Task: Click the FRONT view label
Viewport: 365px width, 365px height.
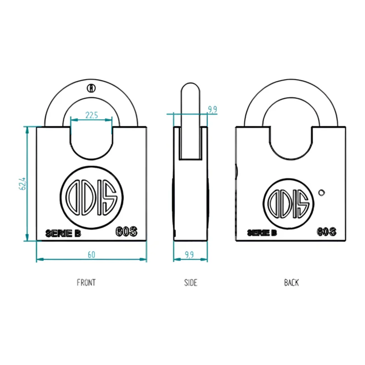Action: click(86, 282)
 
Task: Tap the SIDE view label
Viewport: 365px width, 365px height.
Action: click(190, 282)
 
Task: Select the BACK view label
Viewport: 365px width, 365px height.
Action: click(291, 282)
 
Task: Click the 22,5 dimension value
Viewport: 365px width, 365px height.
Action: click(91, 115)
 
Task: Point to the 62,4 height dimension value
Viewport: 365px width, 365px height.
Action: click(22, 184)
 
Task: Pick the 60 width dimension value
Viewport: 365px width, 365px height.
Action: click(91, 255)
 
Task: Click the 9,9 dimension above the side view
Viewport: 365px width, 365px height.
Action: click(212, 109)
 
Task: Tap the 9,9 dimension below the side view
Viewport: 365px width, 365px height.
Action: click(189, 255)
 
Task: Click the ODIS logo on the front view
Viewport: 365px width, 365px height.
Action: click(91, 197)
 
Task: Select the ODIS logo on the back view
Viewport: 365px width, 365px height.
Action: click(288, 203)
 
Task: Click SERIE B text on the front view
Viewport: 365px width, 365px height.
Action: click(63, 233)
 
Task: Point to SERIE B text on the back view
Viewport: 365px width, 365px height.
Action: click(262, 233)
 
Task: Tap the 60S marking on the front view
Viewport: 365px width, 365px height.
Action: click(126, 232)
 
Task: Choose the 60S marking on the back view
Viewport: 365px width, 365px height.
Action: click(327, 232)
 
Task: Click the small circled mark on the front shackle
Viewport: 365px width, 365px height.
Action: click(91, 88)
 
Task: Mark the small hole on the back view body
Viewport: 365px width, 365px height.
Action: click(321, 193)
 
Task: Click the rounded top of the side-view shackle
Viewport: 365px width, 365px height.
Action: click(190, 87)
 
